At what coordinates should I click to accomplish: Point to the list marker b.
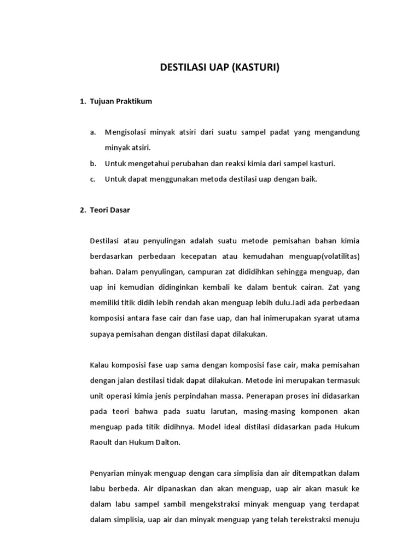(x=93, y=164)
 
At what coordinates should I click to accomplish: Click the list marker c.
(x=93, y=179)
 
